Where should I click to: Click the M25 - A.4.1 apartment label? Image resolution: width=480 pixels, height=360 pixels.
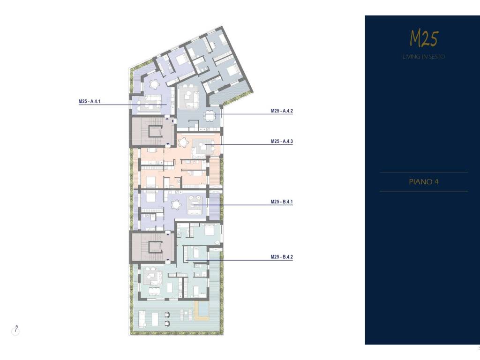click(x=90, y=101)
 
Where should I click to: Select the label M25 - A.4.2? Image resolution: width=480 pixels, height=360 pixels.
click(x=282, y=111)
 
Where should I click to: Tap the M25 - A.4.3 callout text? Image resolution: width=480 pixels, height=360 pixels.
click(x=282, y=142)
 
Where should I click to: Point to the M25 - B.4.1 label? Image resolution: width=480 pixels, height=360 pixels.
click(x=282, y=202)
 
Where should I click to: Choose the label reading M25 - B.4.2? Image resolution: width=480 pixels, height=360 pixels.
click(x=282, y=257)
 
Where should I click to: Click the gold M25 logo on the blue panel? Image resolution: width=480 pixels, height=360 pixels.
click(x=424, y=38)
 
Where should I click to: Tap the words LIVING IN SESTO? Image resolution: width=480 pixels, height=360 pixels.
click(x=424, y=57)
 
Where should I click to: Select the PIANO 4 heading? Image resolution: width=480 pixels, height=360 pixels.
click(x=424, y=182)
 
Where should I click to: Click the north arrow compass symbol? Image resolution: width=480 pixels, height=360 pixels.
click(x=15, y=330)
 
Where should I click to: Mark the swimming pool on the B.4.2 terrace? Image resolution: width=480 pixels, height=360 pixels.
click(x=202, y=309)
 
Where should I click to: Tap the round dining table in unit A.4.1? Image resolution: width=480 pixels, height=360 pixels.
click(x=155, y=84)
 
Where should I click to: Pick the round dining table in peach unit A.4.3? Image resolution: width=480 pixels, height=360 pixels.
click(x=183, y=142)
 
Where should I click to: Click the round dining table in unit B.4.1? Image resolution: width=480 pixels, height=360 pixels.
click(x=176, y=204)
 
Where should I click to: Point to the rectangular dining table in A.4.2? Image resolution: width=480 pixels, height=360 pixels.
click(x=210, y=116)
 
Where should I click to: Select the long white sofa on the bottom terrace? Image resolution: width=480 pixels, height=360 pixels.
click(x=142, y=319)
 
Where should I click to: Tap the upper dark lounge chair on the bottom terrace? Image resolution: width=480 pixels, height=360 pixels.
click(x=167, y=315)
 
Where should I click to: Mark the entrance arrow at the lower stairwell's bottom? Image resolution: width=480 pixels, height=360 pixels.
click(x=168, y=261)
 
